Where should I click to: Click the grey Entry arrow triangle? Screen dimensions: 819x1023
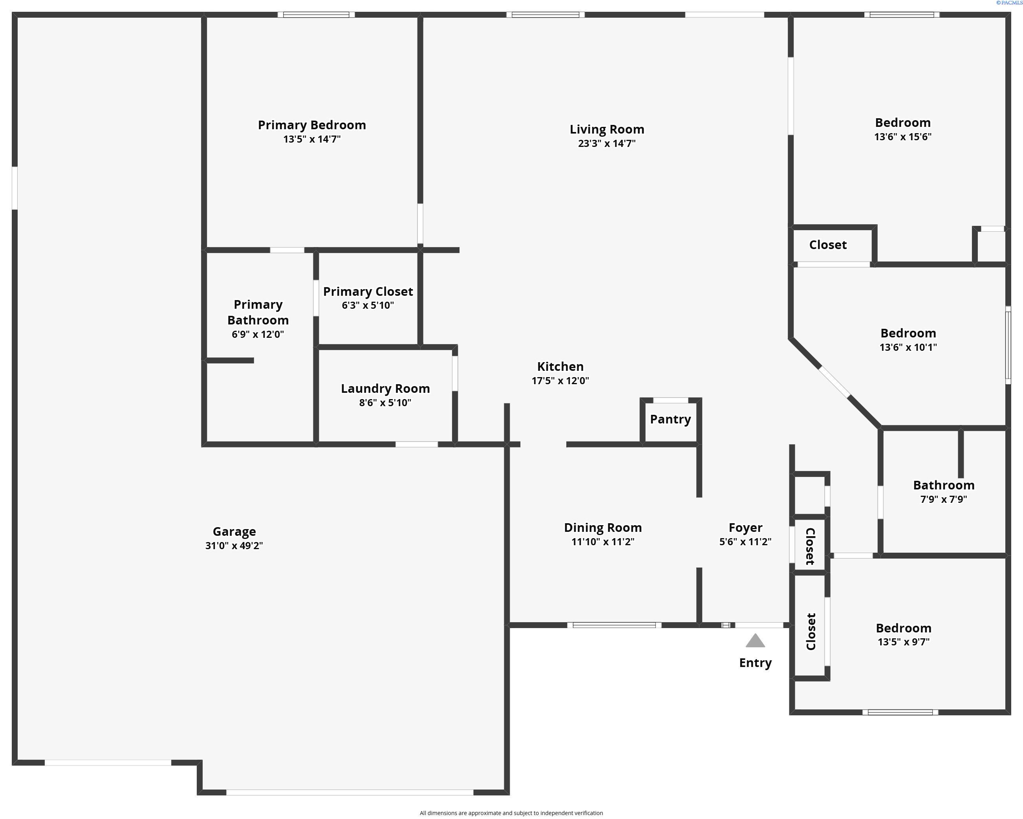click(x=755, y=641)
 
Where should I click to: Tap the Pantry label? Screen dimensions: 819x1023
click(x=670, y=419)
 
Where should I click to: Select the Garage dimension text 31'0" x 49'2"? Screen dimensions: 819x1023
click(x=234, y=546)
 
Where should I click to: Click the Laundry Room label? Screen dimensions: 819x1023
click(x=385, y=388)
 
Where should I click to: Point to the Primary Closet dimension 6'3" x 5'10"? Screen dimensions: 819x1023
click(x=368, y=305)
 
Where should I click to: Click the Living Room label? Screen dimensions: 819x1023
click(x=607, y=129)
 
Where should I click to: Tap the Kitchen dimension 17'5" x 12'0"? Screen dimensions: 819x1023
click(x=560, y=381)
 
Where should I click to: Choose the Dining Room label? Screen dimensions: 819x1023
click(x=602, y=528)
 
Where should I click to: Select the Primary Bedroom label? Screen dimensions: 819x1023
click(x=312, y=125)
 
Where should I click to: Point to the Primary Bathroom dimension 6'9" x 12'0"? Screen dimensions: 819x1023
click(x=258, y=334)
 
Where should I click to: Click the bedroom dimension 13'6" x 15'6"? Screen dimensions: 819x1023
click(x=902, y=137)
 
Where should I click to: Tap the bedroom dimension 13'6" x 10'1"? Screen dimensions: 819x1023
click(x=908, y=347)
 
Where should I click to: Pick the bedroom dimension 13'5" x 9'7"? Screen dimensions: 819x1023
click(x=903, y=642)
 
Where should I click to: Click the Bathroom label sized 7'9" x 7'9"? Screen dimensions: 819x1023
click(x=943, y=485)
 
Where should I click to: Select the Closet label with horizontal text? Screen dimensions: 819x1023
click(x=827, y=245)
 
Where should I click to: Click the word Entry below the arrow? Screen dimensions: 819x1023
click(x=755, y=663)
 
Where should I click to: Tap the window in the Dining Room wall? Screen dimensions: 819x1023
click(x=614, y=625)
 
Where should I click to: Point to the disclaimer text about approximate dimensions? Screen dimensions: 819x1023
click(x=511, y=813)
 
